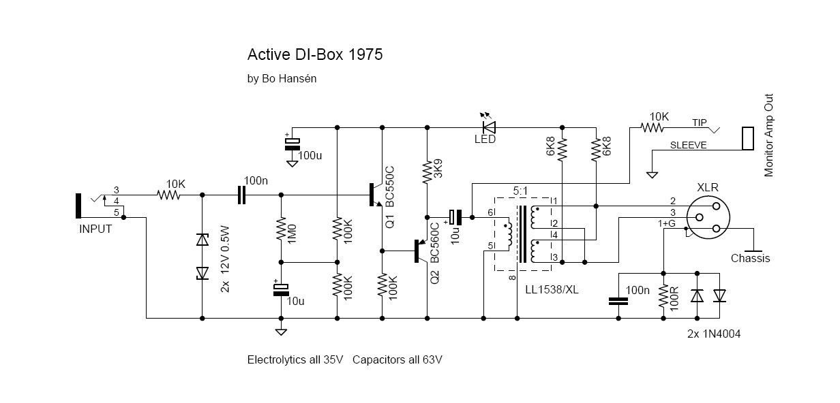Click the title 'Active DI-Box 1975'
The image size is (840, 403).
[x=314, y=54]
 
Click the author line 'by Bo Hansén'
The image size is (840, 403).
[x=282, y=78]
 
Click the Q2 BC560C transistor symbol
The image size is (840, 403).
[x=421, y=251]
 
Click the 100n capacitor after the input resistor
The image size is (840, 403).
[x=242, y=195]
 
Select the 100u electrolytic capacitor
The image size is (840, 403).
[x=292, y=144]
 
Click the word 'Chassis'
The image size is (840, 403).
[x=750, y=259]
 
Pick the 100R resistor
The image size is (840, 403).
[x=663, y=295]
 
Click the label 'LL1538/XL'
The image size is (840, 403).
[x=552, y=290]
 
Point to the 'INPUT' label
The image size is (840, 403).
[x=95, y=229]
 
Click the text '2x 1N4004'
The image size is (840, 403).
[x=714, y=334]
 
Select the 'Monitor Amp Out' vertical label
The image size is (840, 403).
[x=769, y=136]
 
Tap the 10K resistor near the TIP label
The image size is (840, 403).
[x=654, y=127]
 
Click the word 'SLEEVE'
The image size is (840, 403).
[x=689, y=146]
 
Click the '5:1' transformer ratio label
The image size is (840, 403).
[x=520, y=190]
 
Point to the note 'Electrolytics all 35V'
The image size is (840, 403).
[x=295, y=359]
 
